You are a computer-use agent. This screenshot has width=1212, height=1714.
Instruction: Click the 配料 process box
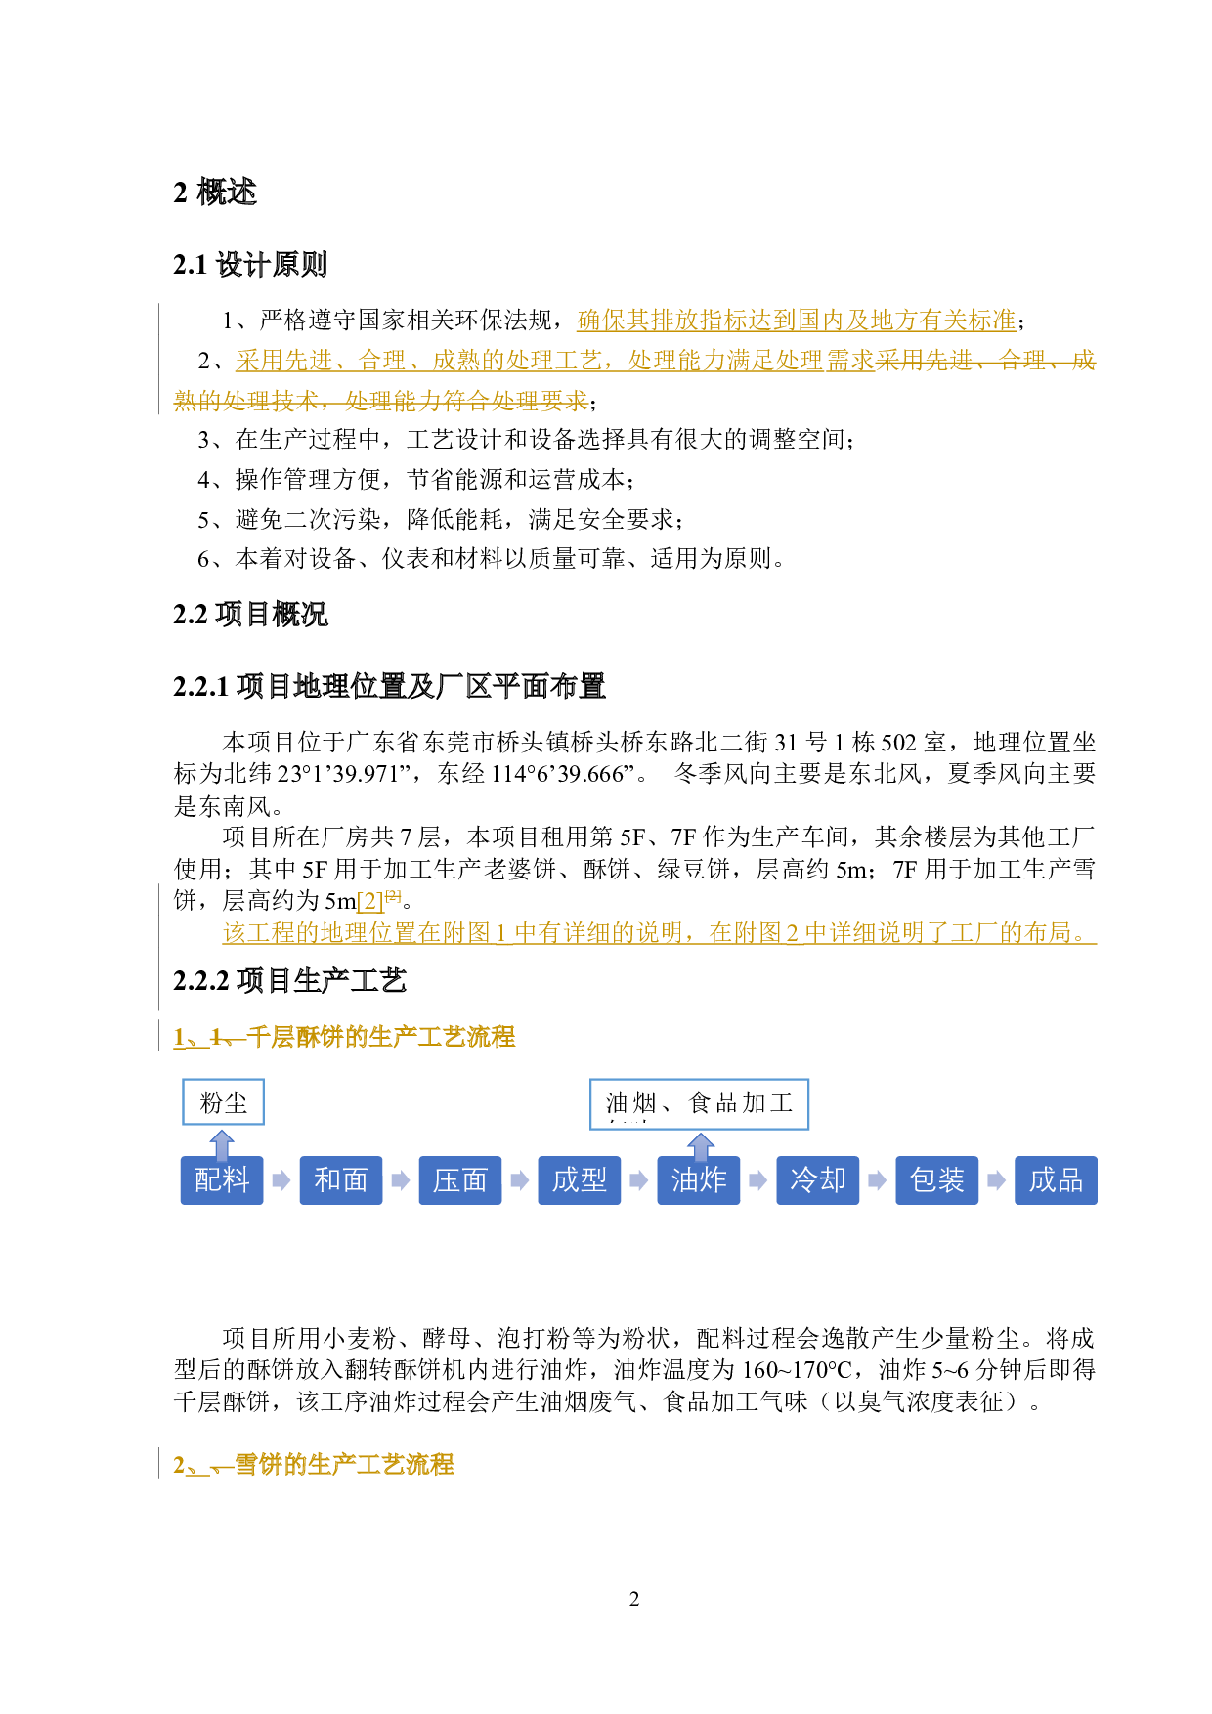pos(222,1180)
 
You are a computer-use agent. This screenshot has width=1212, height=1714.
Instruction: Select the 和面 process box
pos(341,1180)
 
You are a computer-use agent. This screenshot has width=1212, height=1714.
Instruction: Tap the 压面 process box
pos(460,1180)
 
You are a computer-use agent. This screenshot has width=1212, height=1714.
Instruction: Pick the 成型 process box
pos(580,1180)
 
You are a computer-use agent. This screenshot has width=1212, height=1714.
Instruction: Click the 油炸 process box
pos(699,1180)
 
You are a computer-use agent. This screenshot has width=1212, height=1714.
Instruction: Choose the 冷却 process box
pos(818,1180)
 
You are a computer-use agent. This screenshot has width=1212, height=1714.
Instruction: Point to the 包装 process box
pos(937,1180)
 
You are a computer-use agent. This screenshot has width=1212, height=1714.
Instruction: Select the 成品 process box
pos(1056,1180)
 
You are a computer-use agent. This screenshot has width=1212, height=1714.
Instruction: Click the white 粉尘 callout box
pos(223,1102)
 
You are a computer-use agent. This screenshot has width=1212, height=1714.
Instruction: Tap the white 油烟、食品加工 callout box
pos(700,1103)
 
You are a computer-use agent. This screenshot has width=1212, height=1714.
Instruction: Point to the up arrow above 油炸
pos(701,1144)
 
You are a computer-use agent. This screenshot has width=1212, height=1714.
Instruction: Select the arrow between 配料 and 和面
pos(281,1180)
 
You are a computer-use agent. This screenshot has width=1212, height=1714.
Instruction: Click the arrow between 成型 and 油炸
pos(639,1180)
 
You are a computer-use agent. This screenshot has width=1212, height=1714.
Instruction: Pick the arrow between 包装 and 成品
pos(997,1180)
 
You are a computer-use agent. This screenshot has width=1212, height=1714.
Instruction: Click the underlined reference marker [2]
pos(370,901)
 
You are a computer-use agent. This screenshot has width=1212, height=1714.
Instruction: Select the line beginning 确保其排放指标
pos(796,320)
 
